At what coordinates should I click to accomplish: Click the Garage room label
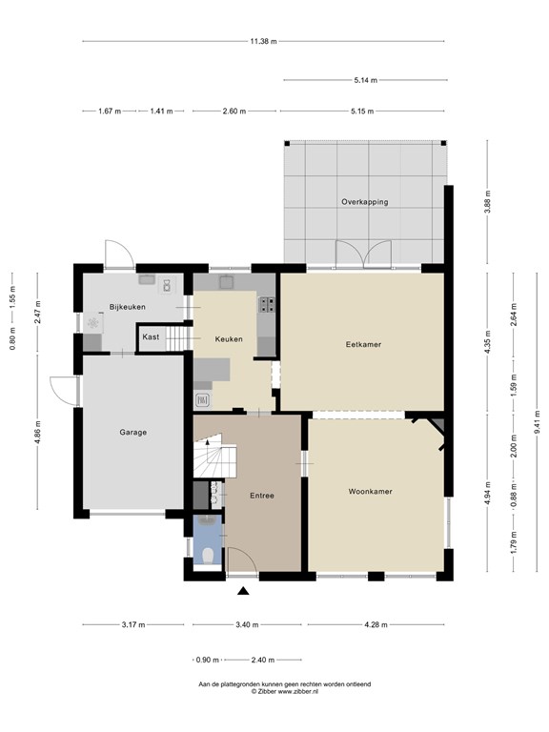133,433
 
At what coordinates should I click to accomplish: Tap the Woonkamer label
370,491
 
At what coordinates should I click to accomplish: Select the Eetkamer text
363,344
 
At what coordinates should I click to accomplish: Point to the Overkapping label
365,202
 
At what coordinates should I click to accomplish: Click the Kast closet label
151,336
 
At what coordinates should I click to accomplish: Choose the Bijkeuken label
128,307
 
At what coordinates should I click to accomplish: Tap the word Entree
262,496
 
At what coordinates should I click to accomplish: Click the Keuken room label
229,339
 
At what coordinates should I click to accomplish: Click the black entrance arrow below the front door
243,591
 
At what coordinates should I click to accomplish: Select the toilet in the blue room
208,555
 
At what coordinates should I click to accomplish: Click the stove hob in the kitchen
268,304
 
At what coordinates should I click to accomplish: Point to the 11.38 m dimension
263,41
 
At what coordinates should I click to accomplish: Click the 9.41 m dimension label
538,422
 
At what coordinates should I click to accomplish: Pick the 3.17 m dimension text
133,624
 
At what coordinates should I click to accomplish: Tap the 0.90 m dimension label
208,661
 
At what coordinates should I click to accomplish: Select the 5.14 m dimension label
366,80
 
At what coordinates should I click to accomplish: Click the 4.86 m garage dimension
38,433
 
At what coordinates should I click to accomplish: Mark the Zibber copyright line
285,691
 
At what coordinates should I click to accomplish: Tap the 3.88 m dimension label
487,202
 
